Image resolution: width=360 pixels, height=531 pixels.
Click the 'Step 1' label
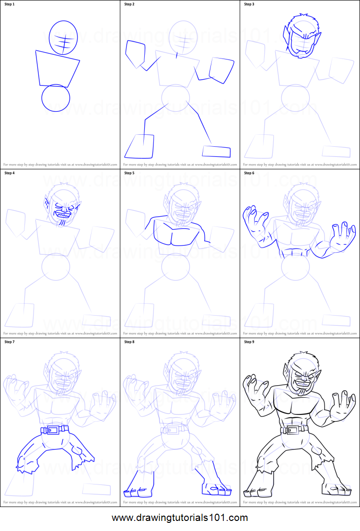coord(10,4)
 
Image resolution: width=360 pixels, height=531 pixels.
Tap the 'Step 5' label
coord(129,173)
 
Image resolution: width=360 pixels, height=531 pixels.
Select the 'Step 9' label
coord(249,342)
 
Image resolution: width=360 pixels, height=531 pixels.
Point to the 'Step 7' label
coord(10,342)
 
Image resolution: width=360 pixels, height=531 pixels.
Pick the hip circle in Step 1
coord(56,98)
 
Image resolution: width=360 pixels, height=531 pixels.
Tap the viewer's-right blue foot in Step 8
coord(217,488)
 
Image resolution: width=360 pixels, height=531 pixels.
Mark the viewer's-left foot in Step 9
coord(254,491)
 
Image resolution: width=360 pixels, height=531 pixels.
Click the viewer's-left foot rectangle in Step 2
coord(139,146)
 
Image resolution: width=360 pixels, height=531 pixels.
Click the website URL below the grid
coord(180,518)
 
